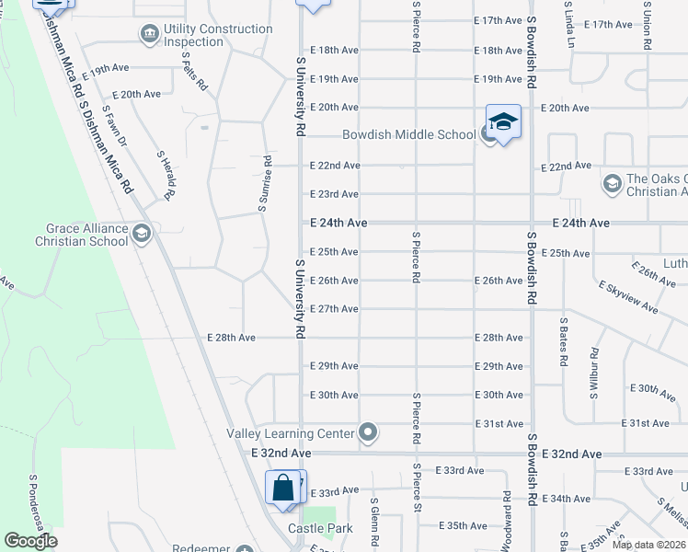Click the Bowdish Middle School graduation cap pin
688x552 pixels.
[x=503, y=122]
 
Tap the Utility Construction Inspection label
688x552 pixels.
[x=218, y=36]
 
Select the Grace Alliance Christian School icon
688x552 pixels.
[x=141, y=235]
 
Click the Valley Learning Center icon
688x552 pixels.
[x=369, y=431]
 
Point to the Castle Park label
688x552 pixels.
[x=320, y=528]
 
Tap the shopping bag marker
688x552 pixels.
[x=284, y=487]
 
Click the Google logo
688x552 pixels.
[x=31, y=541]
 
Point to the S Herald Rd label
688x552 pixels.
[x=166, y=175]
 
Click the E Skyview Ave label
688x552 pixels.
[x=627, y=298]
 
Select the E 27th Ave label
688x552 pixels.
[x=334, y=309]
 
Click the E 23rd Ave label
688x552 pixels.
[x=334, y=194]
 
